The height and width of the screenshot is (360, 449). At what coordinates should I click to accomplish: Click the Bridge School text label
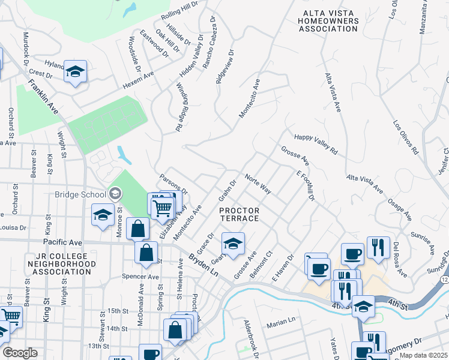point(80,194)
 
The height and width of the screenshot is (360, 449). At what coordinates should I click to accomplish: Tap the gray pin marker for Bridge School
point(115,193)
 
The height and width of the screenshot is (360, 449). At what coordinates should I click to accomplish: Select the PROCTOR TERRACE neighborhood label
point(239,214)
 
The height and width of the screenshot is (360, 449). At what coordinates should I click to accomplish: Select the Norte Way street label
point(258,184)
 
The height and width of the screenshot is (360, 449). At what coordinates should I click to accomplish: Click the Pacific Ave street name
point(62,242)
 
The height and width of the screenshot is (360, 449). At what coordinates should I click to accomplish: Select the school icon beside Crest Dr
point(75,71)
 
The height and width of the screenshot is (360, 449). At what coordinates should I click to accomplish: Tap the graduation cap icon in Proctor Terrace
point(233,244)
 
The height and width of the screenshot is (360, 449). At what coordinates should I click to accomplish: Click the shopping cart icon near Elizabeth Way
point(161,208)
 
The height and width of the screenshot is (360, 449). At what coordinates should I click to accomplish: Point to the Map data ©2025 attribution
point(424,355)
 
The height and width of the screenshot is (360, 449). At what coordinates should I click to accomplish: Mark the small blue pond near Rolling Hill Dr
point(129,10)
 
